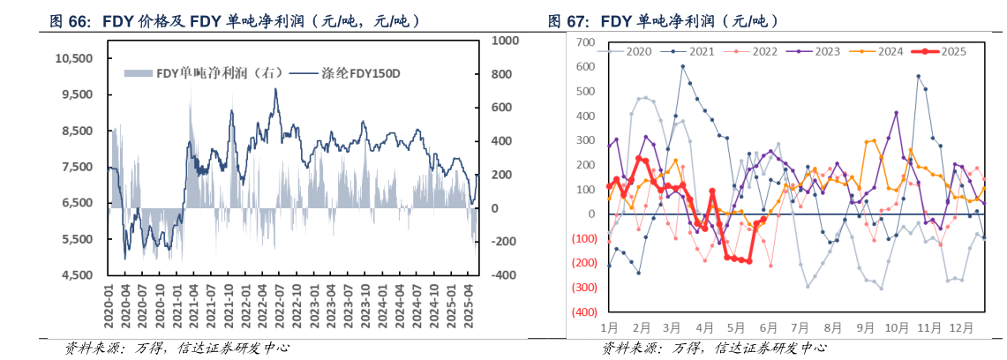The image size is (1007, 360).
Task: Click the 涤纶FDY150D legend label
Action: tap(345, 73)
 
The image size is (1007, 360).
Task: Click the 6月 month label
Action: tap(768, 328)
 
